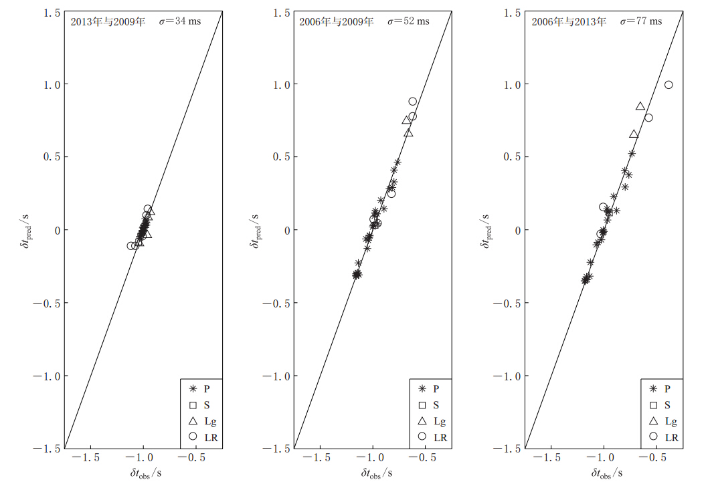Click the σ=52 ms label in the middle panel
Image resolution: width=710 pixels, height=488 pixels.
[x=408, y=21]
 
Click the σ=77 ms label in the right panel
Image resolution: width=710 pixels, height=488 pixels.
[x=640, y=21]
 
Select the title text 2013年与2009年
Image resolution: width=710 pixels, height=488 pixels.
[x=107, y=21]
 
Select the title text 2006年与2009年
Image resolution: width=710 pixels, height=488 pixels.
[x=336, y=21]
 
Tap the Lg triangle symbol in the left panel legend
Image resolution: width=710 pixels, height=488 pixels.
[x=193, y=421]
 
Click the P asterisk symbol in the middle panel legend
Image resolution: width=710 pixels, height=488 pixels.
[x=422, y=388]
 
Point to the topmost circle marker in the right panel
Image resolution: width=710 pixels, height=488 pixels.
[x=669, y=85]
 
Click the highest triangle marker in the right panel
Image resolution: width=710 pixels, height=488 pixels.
[x=640, y=106]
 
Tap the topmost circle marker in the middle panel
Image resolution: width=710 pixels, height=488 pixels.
[x=412, y=102]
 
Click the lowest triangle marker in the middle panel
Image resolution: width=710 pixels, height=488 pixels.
[x=409, y=132]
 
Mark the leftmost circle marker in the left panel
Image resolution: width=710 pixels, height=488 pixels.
[x=131, y=246]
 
